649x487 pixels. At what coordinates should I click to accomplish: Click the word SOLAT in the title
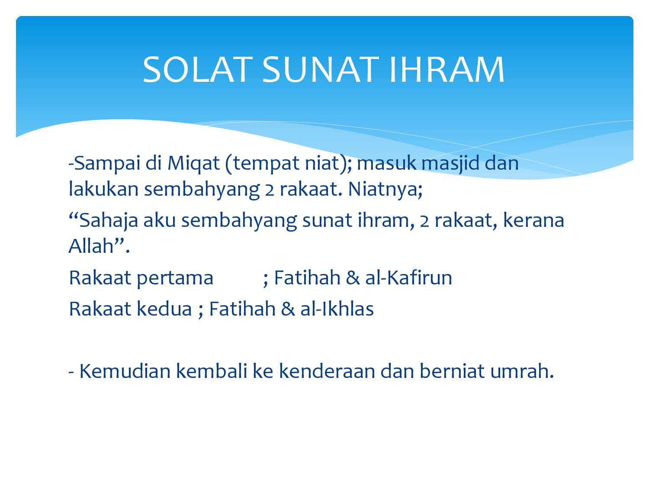(197, 70)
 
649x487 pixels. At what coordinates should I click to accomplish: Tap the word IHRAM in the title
(447, 70)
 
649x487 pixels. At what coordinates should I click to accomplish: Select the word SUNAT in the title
(321, 70)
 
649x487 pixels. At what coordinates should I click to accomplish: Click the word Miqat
(194, 164)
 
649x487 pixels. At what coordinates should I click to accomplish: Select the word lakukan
(103, 189)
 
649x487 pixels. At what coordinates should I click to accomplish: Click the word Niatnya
(385, 189)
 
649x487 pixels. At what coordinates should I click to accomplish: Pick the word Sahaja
(108, 221)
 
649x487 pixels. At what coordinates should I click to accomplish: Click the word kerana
(533, 220)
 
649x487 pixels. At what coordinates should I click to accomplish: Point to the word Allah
(91, 246)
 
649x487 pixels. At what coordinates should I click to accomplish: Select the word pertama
(175, 278)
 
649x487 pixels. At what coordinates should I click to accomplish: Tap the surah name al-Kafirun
(408, 277)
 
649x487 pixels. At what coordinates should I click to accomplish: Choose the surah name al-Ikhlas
(337, 309)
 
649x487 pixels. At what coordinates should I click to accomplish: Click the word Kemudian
(125, 371)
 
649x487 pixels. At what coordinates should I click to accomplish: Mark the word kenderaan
(327, 371)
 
